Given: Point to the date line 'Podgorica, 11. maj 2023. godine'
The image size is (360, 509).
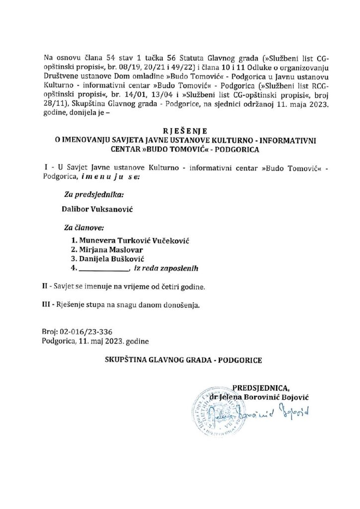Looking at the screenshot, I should [95, 341].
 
